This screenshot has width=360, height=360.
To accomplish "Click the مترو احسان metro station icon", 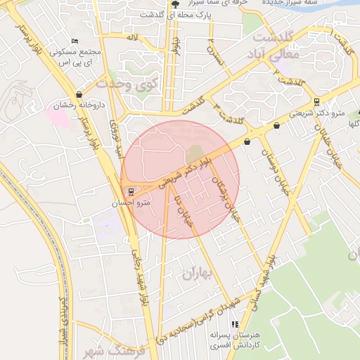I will pyautogui.click(x=129, y=191).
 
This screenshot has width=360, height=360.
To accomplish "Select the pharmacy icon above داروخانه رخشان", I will pyautogui.click(x=78, y=94).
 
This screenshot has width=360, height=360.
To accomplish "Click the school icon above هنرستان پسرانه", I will pyautogui.click(x=235, y=324).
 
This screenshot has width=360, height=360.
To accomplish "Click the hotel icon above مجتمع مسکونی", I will pyautogui.click(x=75, y=41).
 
